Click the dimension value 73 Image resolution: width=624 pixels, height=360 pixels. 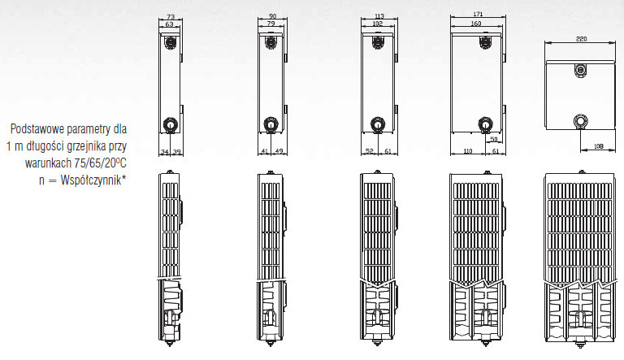click(171, 17)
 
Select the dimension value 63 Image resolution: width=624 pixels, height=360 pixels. click(170, 24)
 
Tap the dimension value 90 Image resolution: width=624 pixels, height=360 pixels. click(272, 16)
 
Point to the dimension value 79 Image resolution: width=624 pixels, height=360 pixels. click(271, 24)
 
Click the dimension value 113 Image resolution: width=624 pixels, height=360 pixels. click(379, 16)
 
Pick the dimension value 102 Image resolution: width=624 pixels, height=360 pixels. click(378, 24)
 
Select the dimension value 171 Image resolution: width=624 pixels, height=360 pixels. click(478, 14)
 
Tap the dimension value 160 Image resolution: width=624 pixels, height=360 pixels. click(475, 24)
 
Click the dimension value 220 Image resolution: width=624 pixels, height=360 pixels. click(581, 39)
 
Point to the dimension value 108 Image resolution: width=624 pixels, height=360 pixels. click(598, 146)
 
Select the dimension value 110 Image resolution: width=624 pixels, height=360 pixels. click(468, 151)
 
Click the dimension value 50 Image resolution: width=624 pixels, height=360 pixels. click(494, 140)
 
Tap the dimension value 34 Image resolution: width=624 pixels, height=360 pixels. click(164, 152)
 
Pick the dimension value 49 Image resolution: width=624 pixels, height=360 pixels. click(279, 151)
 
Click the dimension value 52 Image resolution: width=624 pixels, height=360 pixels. click(370, 151)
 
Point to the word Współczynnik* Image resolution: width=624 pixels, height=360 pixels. click(93, 180)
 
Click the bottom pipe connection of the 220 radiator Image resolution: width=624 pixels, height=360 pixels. click(580, 120)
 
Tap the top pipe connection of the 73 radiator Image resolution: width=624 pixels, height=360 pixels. click(171, 41)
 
